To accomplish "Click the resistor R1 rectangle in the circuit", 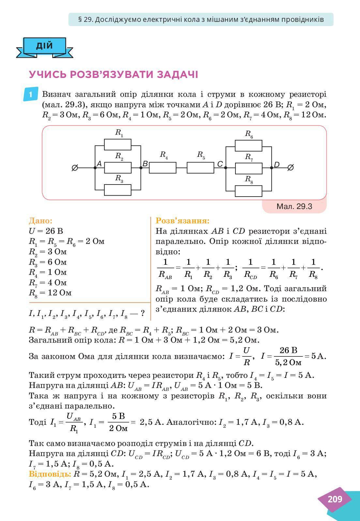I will (118, 144).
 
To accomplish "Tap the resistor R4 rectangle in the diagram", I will (163, 168).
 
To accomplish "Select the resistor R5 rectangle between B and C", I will (200, 168).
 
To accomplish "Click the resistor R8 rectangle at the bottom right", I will (248, 191).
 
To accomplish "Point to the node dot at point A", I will (95, 168).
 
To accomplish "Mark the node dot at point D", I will (272, 168).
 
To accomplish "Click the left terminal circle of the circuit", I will (75, 168).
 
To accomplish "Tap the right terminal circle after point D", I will (291, 168).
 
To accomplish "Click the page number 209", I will (335, 499).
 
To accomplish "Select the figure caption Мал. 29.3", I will (294, 206).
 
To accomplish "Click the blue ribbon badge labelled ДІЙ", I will (45, 45).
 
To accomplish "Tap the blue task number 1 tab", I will (31, 95).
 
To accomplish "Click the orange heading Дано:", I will (40, 221).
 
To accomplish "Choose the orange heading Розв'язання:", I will (183, 221).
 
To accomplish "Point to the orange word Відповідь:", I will (50, 474).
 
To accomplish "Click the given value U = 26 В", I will (46, 231).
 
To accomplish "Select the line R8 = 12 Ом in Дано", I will (50, 293).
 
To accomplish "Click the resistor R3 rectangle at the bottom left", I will (118, 190).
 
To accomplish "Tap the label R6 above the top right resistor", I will (249, 133).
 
